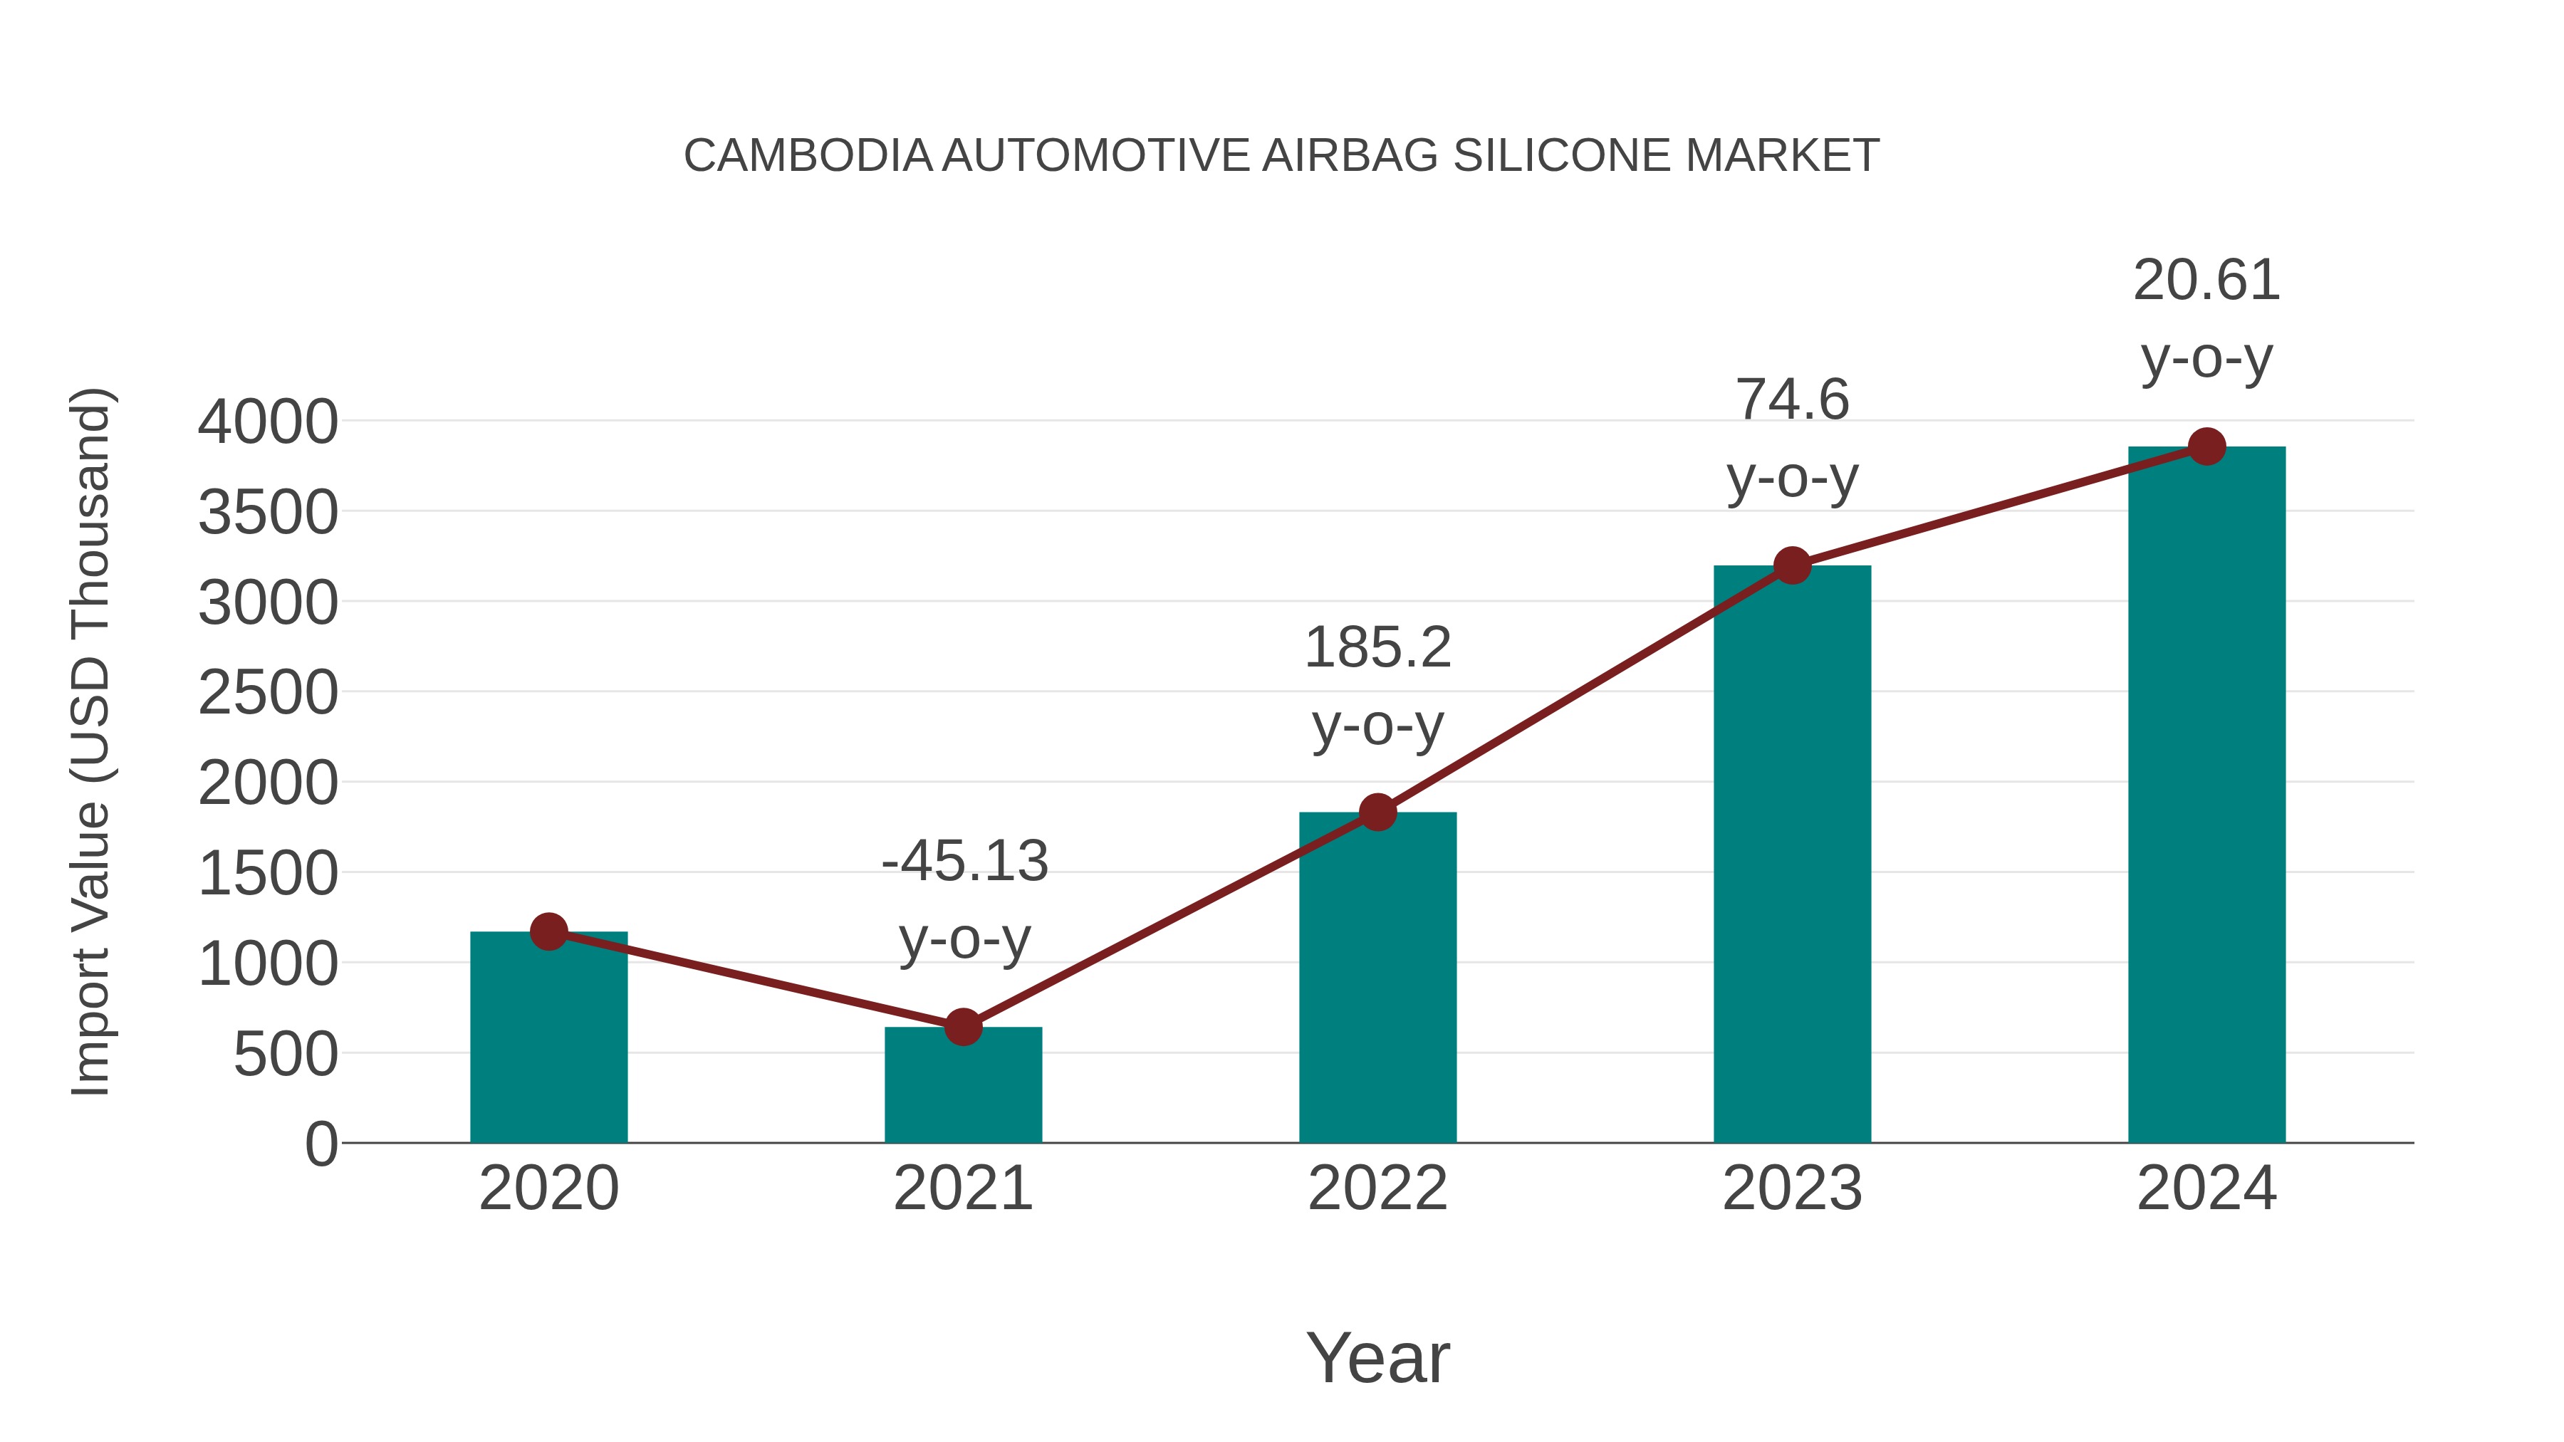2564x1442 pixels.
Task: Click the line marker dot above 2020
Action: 548,931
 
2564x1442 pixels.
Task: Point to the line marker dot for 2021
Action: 962,1026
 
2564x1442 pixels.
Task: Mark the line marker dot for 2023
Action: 1792,565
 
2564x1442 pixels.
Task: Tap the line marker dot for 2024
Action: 2206,446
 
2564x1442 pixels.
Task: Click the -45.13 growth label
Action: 964,862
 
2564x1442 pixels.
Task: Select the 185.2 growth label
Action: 1377,649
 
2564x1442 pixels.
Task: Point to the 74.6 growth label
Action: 1792,401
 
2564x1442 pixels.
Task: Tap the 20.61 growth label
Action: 2206,281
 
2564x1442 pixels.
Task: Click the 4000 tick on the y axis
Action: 268,422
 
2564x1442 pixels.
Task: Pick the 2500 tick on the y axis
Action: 268,694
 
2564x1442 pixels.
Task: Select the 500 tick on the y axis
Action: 286,1055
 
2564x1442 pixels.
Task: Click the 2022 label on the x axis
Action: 1377,1188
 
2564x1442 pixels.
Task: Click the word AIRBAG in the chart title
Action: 1350,156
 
